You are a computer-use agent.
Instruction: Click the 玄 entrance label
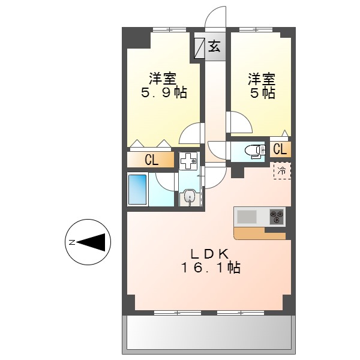214,46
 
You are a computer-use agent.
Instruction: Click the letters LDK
210,252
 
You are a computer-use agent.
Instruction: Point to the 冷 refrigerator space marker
281,170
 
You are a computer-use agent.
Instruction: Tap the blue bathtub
137,190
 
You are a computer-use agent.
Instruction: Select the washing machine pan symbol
188,160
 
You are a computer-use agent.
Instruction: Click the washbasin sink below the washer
189,196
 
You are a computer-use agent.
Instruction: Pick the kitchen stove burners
277,215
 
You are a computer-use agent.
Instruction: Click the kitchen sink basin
247,215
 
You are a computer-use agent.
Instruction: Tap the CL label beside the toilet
280,149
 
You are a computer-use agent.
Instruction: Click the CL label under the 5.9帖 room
151,160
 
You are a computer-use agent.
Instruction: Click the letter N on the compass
71,242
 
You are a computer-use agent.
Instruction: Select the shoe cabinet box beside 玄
199,47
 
